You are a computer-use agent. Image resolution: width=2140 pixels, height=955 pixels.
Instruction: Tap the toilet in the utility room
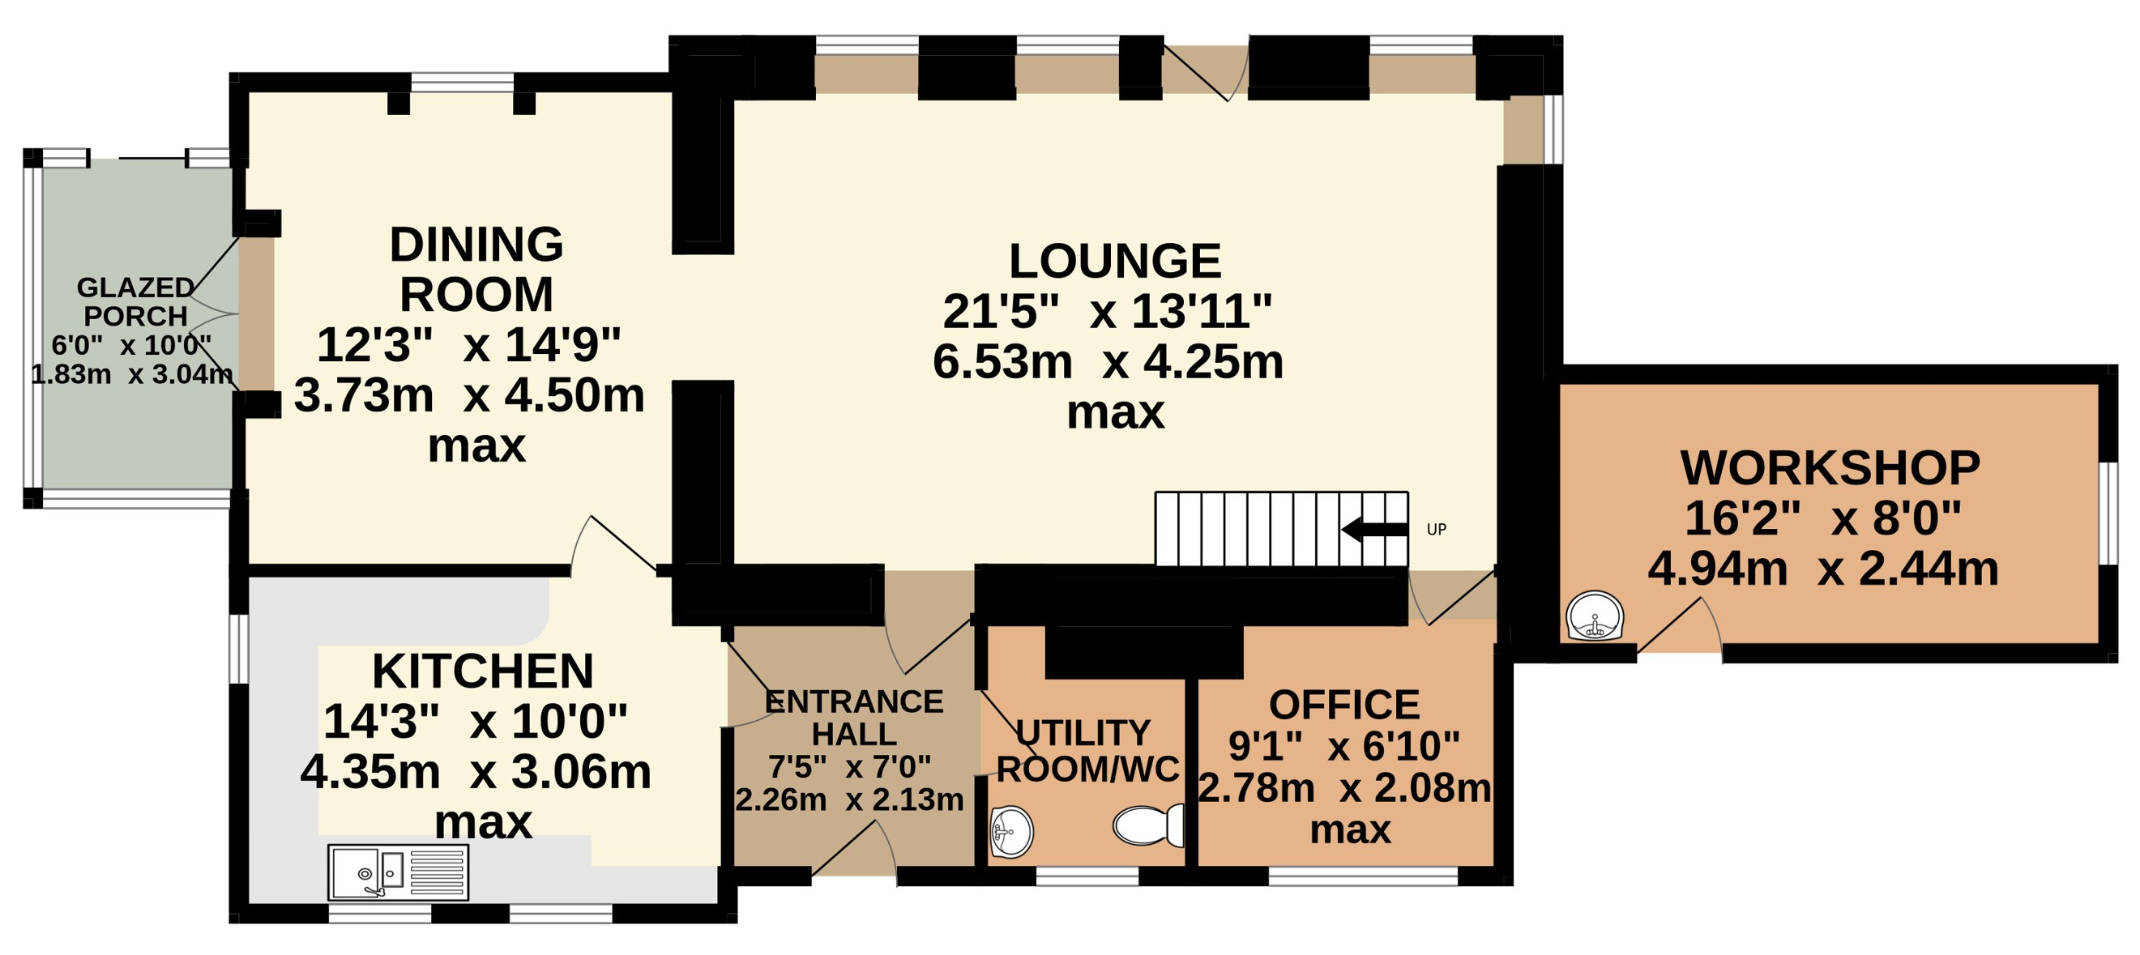coord(1149,825)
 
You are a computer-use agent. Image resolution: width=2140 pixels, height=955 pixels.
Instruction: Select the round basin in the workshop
coord(1595,616)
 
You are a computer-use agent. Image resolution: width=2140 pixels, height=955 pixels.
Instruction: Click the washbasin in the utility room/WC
coord(1011,831)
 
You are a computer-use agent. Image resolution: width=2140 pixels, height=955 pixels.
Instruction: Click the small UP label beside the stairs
coord(1437,529)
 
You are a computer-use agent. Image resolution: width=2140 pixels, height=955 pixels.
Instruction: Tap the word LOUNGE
coord(1115,261)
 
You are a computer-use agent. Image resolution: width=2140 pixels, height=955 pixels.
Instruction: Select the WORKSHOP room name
coord(1830,467)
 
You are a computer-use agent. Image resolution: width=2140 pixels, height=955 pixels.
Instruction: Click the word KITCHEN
coord(483,671)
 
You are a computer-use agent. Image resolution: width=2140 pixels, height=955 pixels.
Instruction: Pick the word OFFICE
coord(1344,705)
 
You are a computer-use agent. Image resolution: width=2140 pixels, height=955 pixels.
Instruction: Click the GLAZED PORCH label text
coord(135,301)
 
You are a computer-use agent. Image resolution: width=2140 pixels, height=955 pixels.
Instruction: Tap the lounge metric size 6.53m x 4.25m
coord(1108,362)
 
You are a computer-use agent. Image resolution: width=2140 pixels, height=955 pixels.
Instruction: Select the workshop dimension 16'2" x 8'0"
coord(1822,519)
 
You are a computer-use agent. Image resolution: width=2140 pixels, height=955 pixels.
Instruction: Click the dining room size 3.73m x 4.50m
coord(469,395)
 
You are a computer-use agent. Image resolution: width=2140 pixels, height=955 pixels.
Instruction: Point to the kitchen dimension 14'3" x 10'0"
coord(475,722)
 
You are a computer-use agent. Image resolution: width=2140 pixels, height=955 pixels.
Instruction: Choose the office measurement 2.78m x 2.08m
coord(1345,788)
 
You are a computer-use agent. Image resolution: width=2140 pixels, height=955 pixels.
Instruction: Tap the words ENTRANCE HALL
coord(854,718)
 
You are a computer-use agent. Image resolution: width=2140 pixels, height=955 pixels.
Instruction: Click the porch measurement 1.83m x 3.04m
coord(132,374)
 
